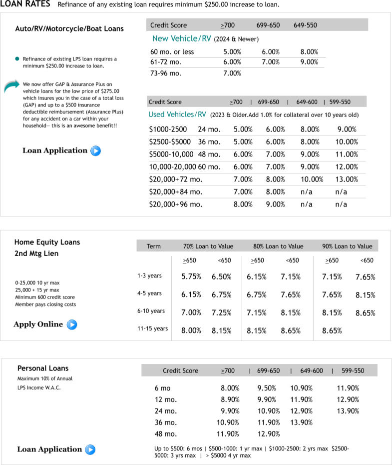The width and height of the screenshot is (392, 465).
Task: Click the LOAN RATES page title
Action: pos(25,4)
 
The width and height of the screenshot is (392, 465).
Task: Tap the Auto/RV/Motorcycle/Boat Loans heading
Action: pos(69,28)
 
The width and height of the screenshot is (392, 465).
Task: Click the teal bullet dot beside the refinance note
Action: pos(17,59)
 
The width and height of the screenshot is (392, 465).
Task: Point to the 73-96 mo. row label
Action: pos(166,73)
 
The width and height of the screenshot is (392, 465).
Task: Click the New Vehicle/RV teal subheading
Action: pos(182,38)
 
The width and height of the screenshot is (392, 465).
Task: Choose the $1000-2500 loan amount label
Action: pos(168,129)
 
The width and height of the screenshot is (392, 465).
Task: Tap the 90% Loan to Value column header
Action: pos(347,246)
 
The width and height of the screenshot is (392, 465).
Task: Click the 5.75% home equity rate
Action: pos(191,276)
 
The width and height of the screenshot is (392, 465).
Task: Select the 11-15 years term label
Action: pos(153,328)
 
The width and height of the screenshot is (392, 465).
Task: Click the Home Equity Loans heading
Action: pos(47,242)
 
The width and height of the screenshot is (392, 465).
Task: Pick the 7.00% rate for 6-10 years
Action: pos(191,312)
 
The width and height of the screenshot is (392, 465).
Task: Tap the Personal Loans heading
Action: pos(43,368)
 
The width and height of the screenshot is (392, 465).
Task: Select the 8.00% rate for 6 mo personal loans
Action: pos(230,388)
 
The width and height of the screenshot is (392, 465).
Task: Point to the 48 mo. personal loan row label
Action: pos(166,434)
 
